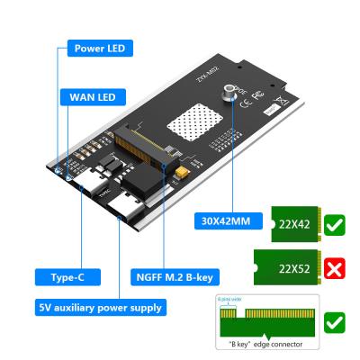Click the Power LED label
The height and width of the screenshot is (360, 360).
(99, 47)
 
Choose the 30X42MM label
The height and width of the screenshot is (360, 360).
(220, 219)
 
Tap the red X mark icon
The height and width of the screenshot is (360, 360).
(333, 268)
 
